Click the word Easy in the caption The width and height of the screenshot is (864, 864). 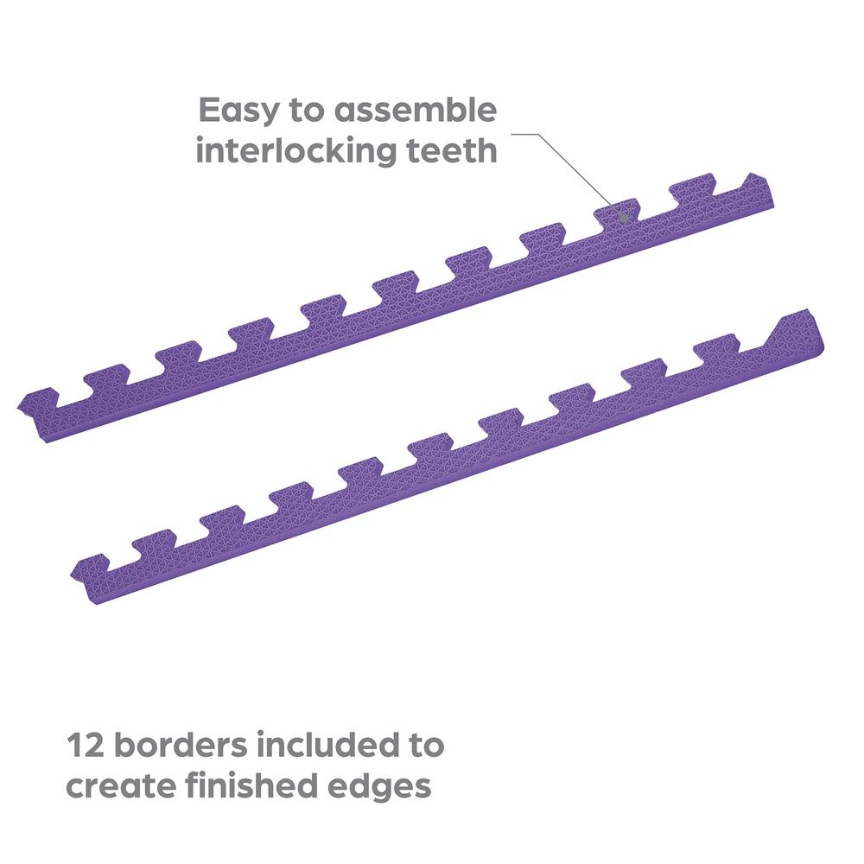[238, 111]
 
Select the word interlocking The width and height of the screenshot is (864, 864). [295, 150]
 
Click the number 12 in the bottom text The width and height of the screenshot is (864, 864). [85, 745]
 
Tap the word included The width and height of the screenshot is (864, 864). [327, 745]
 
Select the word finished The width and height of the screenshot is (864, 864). [251, 785]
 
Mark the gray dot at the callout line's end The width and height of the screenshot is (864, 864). [623, 218]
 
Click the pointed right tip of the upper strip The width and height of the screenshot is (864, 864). [749, 175]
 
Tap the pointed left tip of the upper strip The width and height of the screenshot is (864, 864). [19, 403]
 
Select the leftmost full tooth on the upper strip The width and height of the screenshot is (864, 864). [106, 374]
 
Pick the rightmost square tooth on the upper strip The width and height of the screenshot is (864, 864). [692, 187]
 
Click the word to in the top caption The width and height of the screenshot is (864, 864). [307, 111]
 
